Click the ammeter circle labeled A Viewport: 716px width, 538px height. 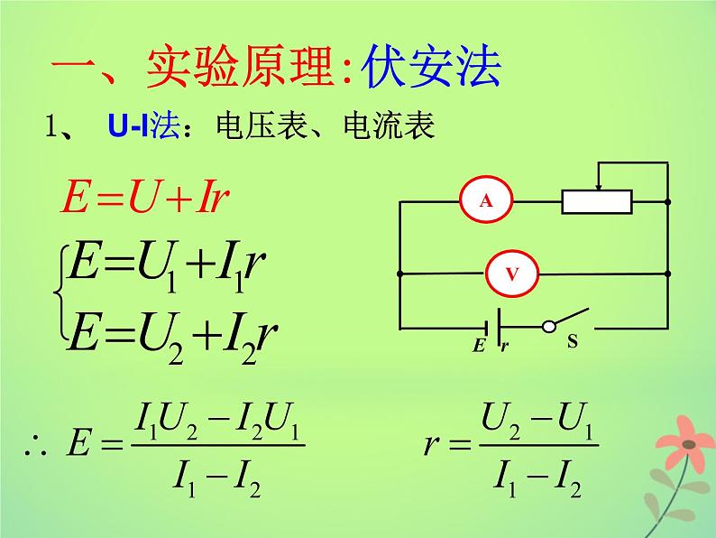(486, 201)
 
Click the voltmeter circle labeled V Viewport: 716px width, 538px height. (511, 272)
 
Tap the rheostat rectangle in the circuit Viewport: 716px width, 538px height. (597, 201)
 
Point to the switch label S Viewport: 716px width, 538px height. (571, 343)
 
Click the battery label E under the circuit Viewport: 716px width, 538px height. (478, 346)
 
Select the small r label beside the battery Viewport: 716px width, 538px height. (505, 346)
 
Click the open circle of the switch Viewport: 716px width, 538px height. (547, 327)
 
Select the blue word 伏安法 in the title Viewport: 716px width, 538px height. (430, 70)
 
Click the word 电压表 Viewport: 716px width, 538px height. (250, 127)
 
